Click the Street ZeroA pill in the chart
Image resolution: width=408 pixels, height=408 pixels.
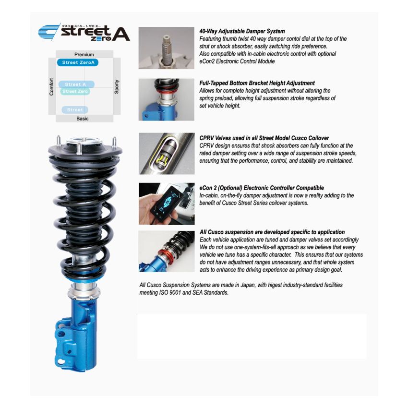coord(78,62)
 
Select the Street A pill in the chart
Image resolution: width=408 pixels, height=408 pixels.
coord(76,84)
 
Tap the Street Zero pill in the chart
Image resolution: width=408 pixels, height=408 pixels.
coord(75,91)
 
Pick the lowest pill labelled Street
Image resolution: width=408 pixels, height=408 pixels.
coord(75,110)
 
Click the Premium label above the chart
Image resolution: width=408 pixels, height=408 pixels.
coord(84,54)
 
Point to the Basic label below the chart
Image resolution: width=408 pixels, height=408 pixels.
coord(83,119)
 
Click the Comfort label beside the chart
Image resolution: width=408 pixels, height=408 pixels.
coord(51,87)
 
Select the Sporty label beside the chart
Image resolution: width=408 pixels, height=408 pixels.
coord(117,87)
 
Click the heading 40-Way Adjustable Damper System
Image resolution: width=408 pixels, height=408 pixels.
coord(242,31)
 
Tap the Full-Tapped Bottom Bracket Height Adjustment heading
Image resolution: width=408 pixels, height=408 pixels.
coord(257,83)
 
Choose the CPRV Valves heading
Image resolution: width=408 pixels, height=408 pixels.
coord(264,138)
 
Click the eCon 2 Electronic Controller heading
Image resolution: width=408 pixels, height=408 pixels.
coord(262,188)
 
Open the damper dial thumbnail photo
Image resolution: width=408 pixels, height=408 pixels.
coord(166,48)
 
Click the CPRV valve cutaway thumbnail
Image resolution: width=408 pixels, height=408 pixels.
coord(167,154)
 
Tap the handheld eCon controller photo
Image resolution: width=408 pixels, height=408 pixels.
coord(167,204)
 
